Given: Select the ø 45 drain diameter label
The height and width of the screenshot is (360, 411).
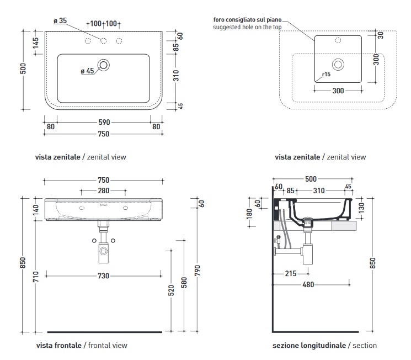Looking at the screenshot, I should point(88,71).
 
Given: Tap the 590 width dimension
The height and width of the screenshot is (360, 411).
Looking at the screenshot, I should point(104,123).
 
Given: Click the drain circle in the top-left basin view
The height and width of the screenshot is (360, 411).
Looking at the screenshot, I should point(104,65).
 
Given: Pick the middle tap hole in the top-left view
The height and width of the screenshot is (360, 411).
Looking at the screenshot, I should point(103,41).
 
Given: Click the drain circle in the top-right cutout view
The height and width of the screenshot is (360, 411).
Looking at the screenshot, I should point(339,65).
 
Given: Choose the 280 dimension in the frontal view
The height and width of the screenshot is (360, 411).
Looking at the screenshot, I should point(104,190).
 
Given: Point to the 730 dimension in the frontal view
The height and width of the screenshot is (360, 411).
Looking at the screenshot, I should point(104,275).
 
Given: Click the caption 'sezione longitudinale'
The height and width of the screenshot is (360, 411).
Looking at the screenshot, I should point(309,345).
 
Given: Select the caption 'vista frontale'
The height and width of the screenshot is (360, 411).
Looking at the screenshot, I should point(59,345).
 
